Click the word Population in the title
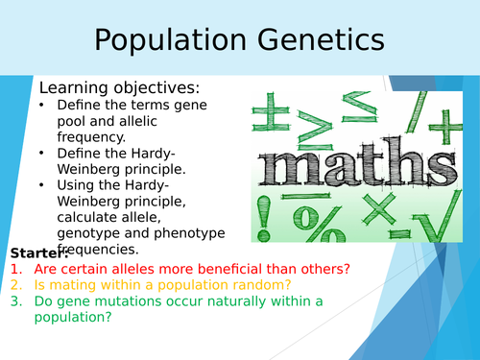point(168,41)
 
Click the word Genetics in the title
point(319,41)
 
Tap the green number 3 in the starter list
point(16,301)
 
